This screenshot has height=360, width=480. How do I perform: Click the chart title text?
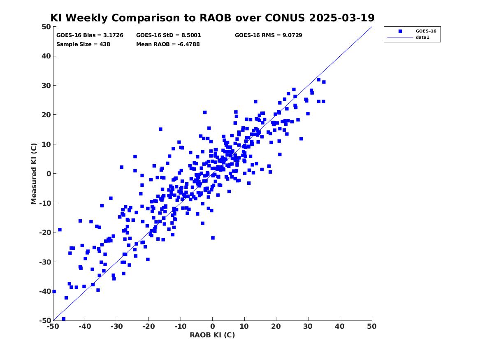coord(212,18)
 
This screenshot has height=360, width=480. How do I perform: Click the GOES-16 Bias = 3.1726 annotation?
coord(90,35)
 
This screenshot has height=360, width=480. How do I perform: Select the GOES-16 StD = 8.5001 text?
coord(168,35)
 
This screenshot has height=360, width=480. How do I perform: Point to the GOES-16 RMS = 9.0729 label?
coord(269,35)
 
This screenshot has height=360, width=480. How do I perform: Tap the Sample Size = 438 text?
coord(83,44)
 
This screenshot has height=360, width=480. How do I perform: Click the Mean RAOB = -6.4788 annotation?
coord(168,44)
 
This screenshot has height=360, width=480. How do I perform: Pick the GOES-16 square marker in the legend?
coord(400,31)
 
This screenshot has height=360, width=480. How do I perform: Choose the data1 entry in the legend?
coord(422,37)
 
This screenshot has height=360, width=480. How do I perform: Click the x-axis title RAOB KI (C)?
coord(212,335)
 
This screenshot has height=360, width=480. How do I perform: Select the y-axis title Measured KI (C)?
coord(34,174)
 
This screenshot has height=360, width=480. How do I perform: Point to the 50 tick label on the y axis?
coord(46,27)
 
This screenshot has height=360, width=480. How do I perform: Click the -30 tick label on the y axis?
coord(45,262)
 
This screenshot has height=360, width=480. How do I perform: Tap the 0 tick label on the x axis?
coord(213,326)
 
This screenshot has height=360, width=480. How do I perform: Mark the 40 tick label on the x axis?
coord(340,326)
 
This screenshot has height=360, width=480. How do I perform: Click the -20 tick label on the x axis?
coord(148,326)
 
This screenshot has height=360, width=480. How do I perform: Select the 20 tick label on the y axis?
coord(46,115)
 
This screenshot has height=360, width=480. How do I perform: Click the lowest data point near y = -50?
coord(64,319)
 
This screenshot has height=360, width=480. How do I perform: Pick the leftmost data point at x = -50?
coord(54,291)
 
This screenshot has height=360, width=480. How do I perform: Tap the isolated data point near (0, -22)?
coord(213,238)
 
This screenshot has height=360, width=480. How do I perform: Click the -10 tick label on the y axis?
coord(45,203)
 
